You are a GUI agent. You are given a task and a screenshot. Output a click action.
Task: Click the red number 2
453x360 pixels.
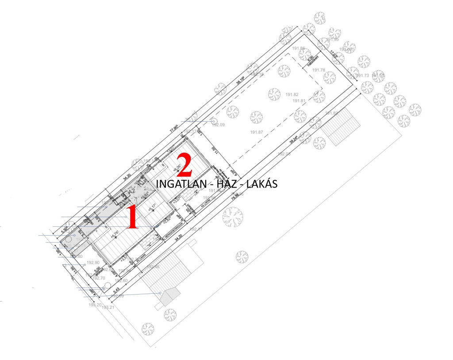(185, 165)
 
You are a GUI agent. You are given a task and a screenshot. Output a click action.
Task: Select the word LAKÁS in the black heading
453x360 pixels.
(261, 184)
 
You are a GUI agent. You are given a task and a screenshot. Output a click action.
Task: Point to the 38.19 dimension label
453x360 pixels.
(241, 80)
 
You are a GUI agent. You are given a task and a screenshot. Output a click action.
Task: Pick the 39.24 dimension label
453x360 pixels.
(294, 137)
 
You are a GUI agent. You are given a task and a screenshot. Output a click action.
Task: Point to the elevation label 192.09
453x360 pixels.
(219, 125)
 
